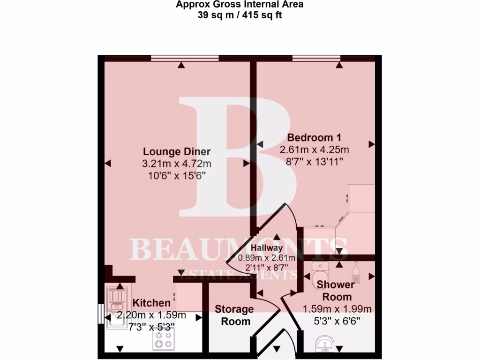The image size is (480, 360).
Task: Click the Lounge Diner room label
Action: pyautogui.click(x=176, y=151)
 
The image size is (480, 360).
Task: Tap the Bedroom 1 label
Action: pyautogui.click(x=314, y=138)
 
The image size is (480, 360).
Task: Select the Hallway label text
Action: pyautogui.click(x=266, y=248)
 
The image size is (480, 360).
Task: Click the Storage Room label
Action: pyautogui.click(x=234, y=315)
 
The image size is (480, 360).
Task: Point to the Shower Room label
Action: pyautogui.click(x=335, y=291)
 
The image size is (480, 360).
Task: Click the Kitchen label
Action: pyautogui.click(x=151, y=303)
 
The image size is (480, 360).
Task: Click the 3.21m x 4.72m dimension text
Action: pyautogui.click(x=176, y=164)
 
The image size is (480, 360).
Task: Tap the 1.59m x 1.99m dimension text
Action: pyautogui.click(x=337, y=309)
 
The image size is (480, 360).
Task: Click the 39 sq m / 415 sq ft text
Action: pyautogui.click(x=240, y=15)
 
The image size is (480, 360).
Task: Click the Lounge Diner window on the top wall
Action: pyautogui.click(x=185, y=58)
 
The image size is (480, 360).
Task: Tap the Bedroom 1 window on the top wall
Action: pyautogui.click(x=316, y=58)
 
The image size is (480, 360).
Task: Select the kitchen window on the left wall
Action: pyautogui.click(x=100, y=313)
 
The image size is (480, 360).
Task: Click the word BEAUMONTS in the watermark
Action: pyautogui.click(x=239, y=249)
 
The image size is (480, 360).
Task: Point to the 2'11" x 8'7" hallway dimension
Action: pyautogui.click(x=266, y=268)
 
